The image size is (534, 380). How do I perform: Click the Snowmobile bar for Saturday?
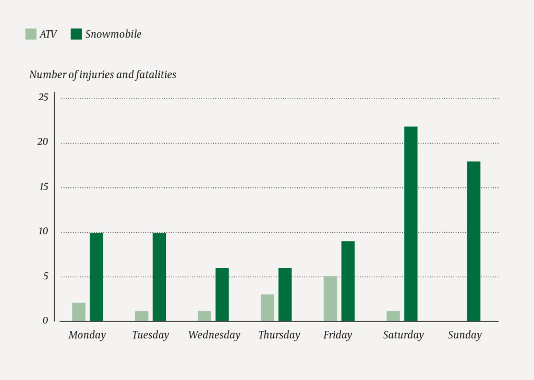coord(410,224)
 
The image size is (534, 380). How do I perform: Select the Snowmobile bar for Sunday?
coord(474,241)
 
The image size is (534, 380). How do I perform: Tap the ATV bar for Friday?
coord(330,299)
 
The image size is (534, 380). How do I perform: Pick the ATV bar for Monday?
coord(79,312)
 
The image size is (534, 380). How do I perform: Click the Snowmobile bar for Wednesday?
coord(222,294)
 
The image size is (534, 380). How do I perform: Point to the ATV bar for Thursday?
coord(267,307)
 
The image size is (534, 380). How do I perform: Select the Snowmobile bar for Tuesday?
coord(159,277)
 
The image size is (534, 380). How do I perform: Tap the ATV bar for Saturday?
coord(393,316)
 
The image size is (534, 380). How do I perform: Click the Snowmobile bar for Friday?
coord(348,281)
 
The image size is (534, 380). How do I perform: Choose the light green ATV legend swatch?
coord(31,34)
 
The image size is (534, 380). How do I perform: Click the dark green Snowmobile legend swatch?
coord(76,34)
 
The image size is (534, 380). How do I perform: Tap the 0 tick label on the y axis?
coord(45,320)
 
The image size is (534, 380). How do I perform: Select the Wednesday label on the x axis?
coord(214,335)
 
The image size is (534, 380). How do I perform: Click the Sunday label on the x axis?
coord(465,335)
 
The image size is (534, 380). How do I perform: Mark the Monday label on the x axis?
coord(87,335)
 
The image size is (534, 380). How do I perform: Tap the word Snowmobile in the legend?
coord(113,34)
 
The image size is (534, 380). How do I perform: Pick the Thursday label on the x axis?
coord(279,335)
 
